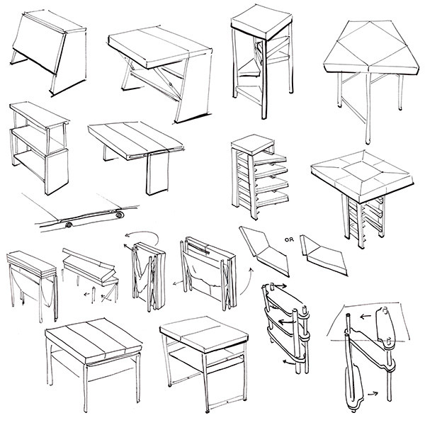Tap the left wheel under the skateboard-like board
69,225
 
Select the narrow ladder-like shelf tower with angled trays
255,174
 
